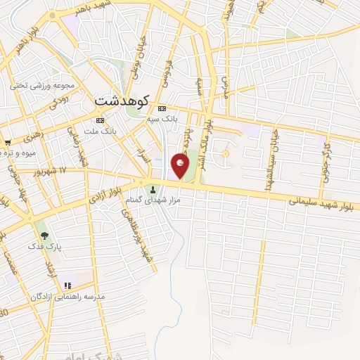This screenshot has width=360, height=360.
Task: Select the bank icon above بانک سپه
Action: [163, 108]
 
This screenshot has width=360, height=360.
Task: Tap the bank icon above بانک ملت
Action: [99, 120]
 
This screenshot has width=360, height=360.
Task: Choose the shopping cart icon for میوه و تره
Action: [6, 142]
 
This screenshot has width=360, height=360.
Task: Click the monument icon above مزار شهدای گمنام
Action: [153, 188]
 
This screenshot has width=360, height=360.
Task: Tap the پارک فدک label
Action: [39, 246]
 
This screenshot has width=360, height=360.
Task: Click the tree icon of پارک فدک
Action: [44, 236]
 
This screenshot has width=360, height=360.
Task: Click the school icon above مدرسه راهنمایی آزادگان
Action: [68, 285]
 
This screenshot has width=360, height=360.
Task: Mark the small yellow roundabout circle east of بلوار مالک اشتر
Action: [226, 153]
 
